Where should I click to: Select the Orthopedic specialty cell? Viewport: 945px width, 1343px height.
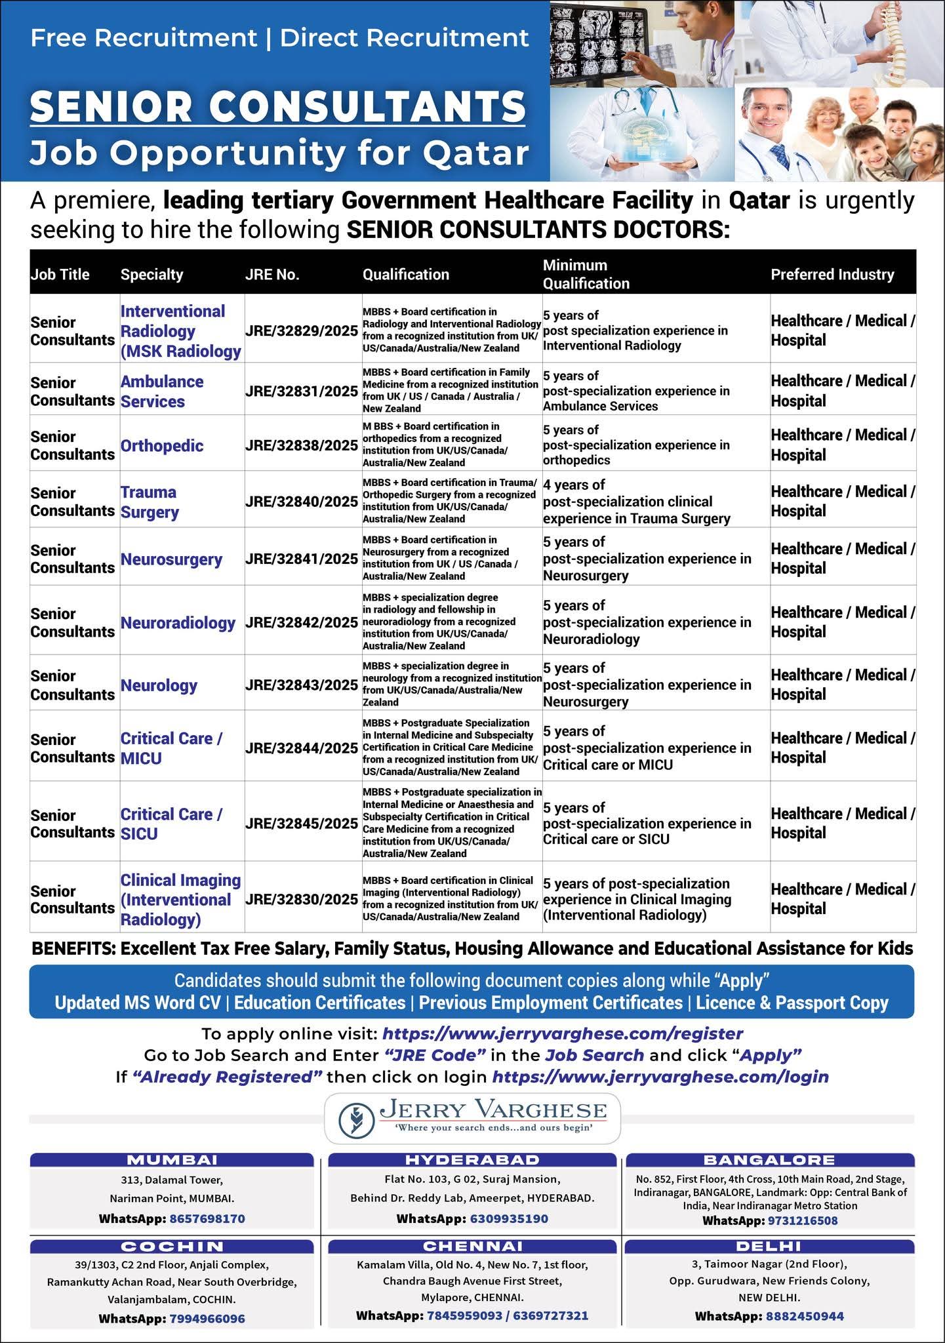pyautogui.click(x=162, y=446)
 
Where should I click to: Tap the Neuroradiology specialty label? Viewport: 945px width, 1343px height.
pyautogui.click(x=178, y=623)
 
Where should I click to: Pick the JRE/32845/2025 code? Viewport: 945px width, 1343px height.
pyautogui.click(x=302, y=823)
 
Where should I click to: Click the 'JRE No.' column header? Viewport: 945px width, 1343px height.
pyautogui.click(x=272, y=274)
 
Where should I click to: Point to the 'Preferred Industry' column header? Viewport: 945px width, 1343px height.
pyautogui.click(x=832, y=274)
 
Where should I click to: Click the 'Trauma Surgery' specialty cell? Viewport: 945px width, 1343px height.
pyautogui.click(x=149, y=502)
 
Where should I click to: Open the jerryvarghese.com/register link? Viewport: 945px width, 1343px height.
pyautogui.click(x=563, y=1033)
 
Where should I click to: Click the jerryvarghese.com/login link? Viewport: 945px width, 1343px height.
pyautogui.click(x=660, y=1077)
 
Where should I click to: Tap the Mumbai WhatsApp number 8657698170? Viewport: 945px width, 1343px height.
pyautogui.click(x=207, y=1218)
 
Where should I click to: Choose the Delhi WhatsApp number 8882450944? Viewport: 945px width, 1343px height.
pyautogui.click(x=805, y=1315)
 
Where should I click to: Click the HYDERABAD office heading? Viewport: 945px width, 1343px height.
pyautogui.click(x=472, y=1159)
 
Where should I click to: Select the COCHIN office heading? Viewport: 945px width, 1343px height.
pyautogui.click(x=172, y=1246)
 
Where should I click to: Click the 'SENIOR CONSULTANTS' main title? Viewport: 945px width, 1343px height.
pyautogui.click(x=278, y=106)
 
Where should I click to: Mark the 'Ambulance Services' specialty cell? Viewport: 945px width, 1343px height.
pyautogui.click(x=162, y=391)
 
